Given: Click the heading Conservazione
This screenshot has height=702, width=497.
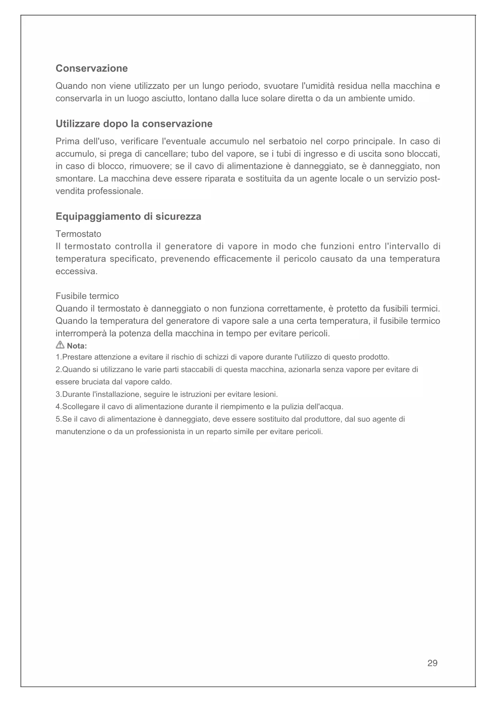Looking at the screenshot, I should (x=91, y=68).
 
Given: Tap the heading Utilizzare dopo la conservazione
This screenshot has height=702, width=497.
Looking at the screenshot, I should (x=134, y=124).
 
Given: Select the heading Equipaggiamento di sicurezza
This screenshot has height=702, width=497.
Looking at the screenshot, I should (x=128, y=217).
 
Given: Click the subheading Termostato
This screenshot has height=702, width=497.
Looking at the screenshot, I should (x=78, y=234).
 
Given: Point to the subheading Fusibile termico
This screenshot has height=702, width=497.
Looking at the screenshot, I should (x=87, y=296).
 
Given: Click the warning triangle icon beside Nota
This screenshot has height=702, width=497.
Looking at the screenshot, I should (x=60, y=345).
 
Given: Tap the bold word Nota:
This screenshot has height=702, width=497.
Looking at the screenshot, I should (x=77, y=346).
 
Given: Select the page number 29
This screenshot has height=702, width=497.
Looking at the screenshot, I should (x=432, y=663).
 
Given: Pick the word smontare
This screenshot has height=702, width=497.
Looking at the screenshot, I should (x=74, y=179).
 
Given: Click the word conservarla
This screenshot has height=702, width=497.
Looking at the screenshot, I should (x=78, y=98).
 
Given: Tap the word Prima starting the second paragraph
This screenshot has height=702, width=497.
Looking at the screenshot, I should (x=67, y=142).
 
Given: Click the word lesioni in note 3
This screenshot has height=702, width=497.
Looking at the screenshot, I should (x=265, y=395).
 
